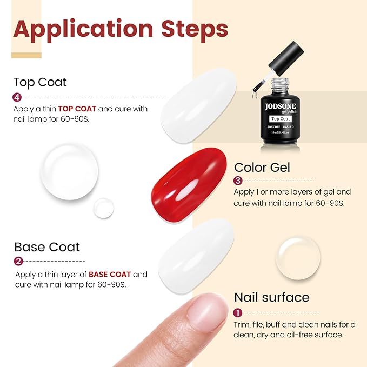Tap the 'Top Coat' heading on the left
point(40,82)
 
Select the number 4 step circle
point(17,97)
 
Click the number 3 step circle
point(237,181)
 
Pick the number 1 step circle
point(238,313)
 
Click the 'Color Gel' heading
point(262,168)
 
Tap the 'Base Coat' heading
point(47,247)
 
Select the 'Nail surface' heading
point(271,297)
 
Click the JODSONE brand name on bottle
point(281,106)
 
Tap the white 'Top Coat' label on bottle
point(281,118)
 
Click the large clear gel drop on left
point(70,172)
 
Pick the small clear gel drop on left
point(103,208)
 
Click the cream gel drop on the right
point(298,258)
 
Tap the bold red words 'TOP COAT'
point(77,109)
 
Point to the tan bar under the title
point(26,55)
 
